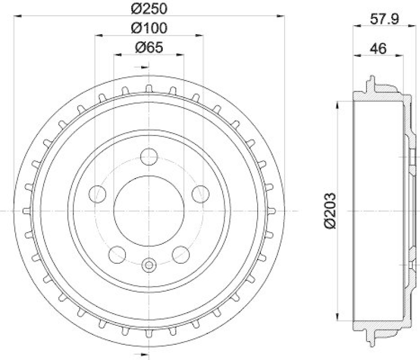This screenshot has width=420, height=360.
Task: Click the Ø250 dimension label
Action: pos(149,9)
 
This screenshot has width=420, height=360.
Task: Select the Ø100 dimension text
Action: pos(149,28)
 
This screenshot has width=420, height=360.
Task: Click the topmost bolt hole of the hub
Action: pos(149,157)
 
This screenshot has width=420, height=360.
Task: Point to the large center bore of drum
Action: pos(149,210)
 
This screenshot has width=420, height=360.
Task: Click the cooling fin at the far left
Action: pos(27,210)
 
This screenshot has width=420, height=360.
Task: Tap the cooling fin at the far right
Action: pos(271,210)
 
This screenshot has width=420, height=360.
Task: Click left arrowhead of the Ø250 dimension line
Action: pos(17,17)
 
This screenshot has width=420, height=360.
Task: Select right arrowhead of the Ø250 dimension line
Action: pos(281,17)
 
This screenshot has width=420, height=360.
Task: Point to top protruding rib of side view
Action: pos(372,83)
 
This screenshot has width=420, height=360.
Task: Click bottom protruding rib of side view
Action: pos(372,338)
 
